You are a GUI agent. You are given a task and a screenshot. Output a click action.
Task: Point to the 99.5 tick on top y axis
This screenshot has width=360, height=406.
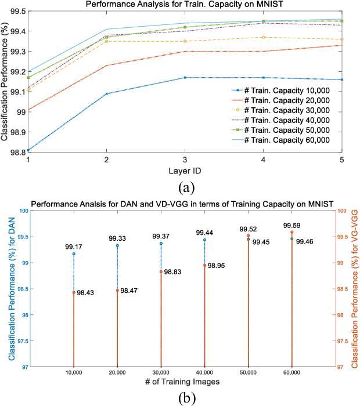click(x=17, y=11)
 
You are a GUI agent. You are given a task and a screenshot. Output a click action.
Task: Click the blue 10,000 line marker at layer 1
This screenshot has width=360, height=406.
click(x=28, y=151)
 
